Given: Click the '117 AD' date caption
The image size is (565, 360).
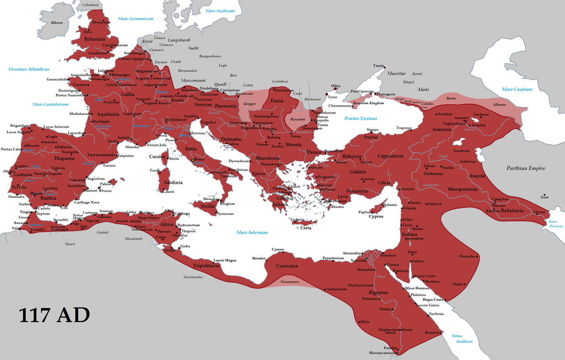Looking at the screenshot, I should click(x=54, y=315).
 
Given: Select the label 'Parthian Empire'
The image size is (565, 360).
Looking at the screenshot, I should click(x=525, y=168).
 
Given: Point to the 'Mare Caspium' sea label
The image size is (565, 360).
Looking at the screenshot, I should click(x=516, y=89).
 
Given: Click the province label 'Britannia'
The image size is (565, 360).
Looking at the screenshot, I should click(x=94, y=39).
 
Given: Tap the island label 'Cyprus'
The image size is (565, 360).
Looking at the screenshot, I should click(x=376, y=216).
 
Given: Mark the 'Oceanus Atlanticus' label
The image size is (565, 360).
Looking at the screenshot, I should click(x=29, y=69).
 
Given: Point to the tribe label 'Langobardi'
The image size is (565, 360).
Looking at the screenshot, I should click(x=178, y=40).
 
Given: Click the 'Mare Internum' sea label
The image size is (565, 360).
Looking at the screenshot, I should click(x=252, y=232).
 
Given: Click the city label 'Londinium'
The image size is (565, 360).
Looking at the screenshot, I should click(x=98, y=53).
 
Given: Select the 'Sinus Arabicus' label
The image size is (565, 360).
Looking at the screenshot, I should click(x=462, y=339).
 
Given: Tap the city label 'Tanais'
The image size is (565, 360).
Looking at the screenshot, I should click(x=378, y=65).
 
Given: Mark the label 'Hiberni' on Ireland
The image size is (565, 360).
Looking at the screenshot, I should click(x=57, y=23).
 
